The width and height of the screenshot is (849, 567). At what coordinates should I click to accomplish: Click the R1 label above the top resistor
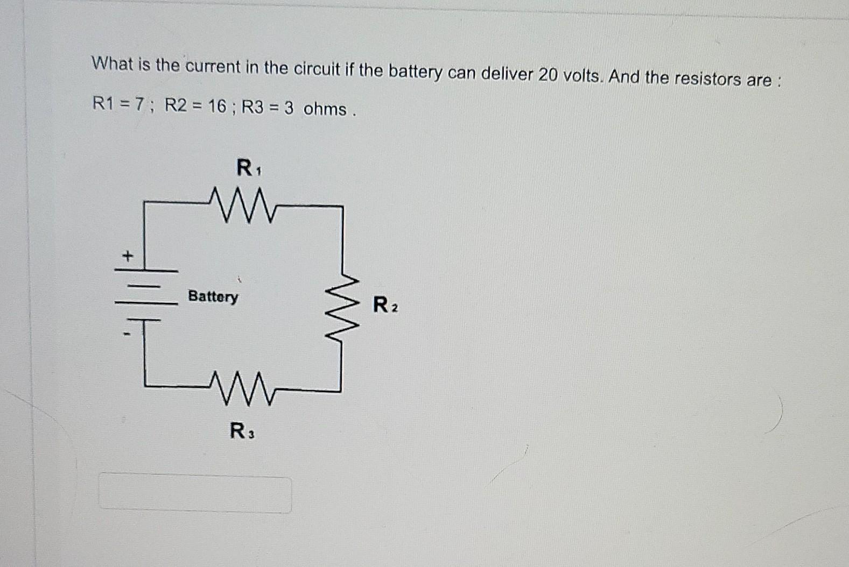248,168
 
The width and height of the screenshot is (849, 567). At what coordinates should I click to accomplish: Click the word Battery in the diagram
213,296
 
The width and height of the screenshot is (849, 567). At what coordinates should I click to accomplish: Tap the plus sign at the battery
127,256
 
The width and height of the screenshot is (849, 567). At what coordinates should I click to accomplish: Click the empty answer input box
195,493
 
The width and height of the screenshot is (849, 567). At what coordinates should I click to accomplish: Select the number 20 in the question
548,75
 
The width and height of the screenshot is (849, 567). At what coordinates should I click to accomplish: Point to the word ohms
325,109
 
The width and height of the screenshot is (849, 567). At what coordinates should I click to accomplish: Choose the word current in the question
213,67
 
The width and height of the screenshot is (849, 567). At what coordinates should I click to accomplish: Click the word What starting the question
112,64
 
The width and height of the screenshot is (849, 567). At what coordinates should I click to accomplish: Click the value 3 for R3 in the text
289,108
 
